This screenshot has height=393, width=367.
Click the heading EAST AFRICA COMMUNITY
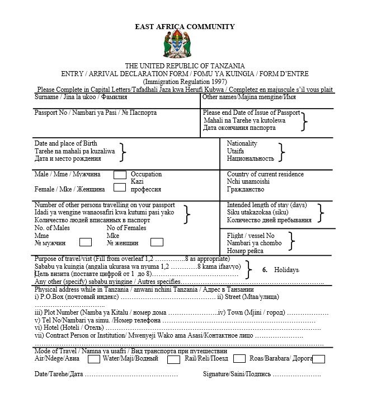click(x=185, y=26)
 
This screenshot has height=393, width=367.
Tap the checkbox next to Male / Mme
click(x=120, y=175)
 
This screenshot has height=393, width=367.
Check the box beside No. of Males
click(x=86, y=242)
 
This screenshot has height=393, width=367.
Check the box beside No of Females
click(x=157, y=242)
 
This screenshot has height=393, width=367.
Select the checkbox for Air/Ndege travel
click(x=95, y=358)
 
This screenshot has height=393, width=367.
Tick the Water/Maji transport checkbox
click(x=173, y=359)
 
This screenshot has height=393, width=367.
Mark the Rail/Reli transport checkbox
click(x=239, y=358)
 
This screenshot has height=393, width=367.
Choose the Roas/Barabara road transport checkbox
click(x=318, y=358)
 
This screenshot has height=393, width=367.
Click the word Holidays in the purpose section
click(x=286, y=270)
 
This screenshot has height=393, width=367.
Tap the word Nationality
click(x=242, y=143)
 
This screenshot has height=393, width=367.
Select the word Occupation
click(x=146, y=174)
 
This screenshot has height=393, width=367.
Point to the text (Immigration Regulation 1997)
click(x=184, y=81)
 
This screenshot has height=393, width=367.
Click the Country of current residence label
click(x=265, y=174)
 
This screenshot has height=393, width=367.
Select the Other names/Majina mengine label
click(x=249, y=97)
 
